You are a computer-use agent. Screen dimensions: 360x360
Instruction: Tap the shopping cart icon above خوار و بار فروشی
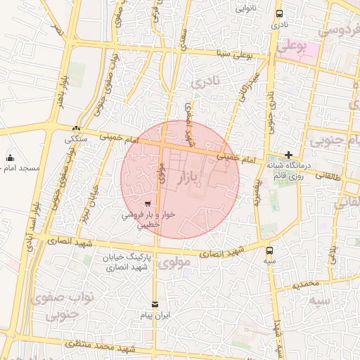point(147,205)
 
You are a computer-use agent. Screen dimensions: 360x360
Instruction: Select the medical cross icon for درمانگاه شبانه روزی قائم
point(288,155)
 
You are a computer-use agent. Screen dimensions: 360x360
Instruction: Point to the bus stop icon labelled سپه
point(269,250)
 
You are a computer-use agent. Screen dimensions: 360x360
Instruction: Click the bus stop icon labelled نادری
point(280,13)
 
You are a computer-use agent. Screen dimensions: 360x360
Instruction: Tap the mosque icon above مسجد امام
point(10,157)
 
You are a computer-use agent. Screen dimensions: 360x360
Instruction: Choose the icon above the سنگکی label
point(75,129)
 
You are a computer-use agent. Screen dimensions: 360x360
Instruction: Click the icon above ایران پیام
point(155,304)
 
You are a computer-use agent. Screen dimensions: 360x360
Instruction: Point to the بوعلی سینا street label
point(251,53)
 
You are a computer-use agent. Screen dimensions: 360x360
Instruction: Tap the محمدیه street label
point(307,284)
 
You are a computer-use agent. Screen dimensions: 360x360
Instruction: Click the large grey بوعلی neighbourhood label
point(292,47)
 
